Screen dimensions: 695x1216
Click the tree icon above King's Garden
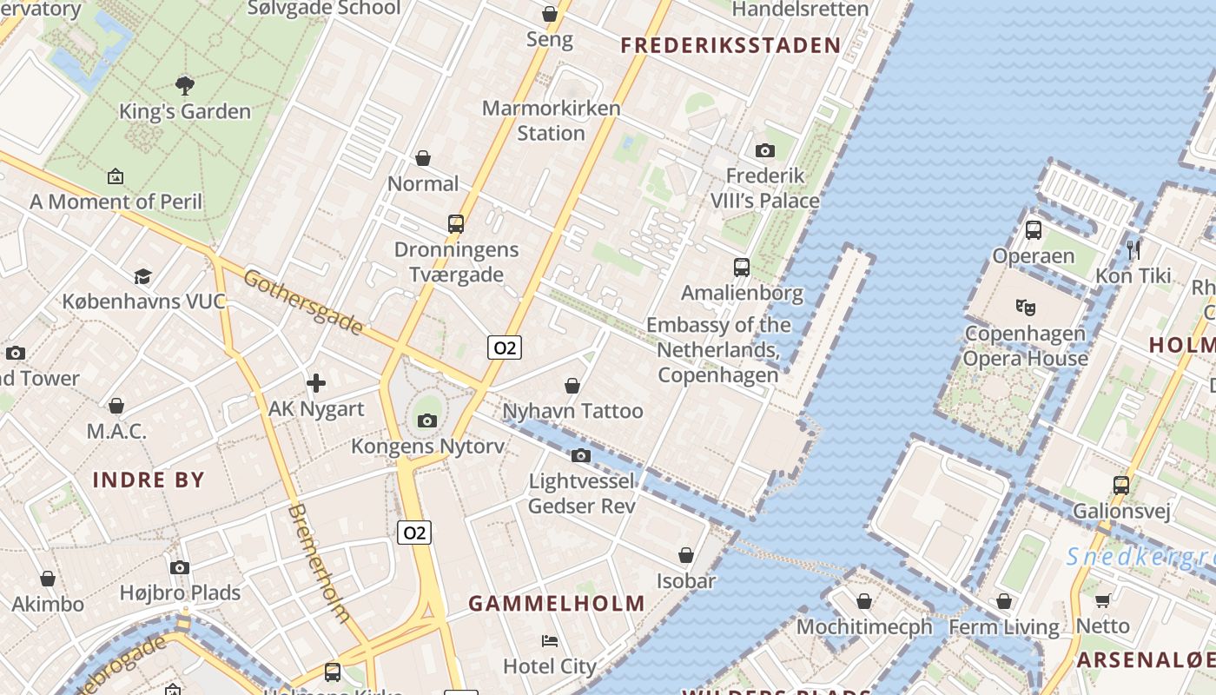(184, 85)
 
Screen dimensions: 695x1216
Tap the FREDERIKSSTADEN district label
(730, 46)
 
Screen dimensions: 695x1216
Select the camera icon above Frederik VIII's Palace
(764, 150)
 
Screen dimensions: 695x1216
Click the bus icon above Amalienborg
(741, 267)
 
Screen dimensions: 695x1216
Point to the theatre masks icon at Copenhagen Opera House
(1026, 307)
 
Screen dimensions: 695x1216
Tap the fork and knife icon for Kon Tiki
(1133, 250)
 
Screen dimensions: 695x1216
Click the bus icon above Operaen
(1033, 230)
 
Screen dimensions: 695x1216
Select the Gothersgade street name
(302, 301)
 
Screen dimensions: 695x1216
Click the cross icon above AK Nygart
(316, 382)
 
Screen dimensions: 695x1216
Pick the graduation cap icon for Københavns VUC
(142, 276)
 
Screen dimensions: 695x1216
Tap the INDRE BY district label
(149, 480)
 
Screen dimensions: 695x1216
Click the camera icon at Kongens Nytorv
(426, 420)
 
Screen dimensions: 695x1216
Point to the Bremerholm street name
(319, 563)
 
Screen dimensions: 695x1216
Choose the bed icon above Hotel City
(550, 641)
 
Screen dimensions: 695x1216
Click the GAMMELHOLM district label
(557, 603)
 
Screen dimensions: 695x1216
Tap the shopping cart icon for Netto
(1102, 600)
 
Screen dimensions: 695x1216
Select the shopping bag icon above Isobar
(686, 555)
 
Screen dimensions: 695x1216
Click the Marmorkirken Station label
(552, 121)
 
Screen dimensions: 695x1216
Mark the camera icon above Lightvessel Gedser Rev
(581, 455)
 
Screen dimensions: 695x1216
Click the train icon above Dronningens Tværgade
(456, 223)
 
